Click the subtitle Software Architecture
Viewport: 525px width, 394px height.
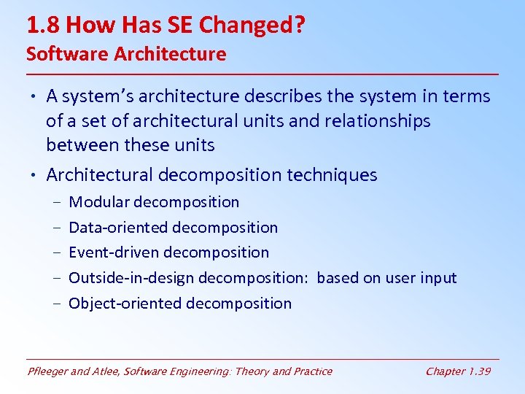click(x=126, y=54)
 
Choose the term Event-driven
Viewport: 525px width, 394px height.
click(x=114, y=252)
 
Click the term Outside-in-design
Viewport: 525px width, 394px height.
click(x=131, y=278)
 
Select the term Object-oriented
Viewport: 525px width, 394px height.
click(x=125, y=304)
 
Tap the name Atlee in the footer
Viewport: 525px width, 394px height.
click(x=106, y=371)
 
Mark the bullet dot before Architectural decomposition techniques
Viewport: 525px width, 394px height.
click(x=34, y=176)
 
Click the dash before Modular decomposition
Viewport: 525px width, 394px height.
click(x=55, y=203)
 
